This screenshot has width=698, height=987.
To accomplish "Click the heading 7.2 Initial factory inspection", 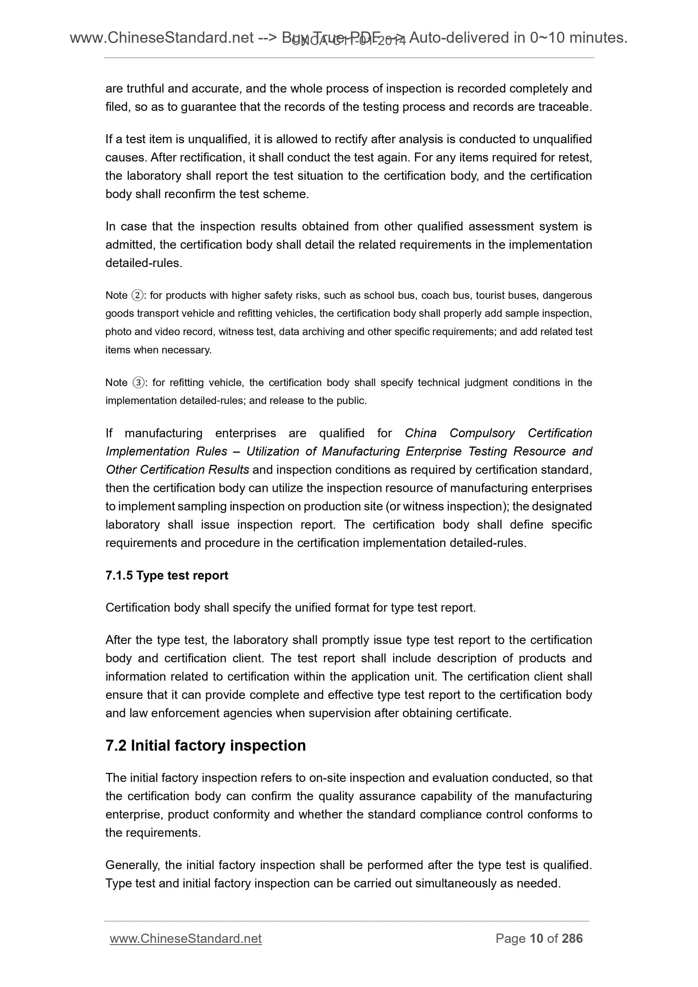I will click(206, 745).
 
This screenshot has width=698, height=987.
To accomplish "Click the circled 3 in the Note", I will click(138, 383).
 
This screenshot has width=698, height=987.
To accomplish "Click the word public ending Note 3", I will click(353, 401).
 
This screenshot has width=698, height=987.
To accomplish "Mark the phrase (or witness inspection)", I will click(447, 506).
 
